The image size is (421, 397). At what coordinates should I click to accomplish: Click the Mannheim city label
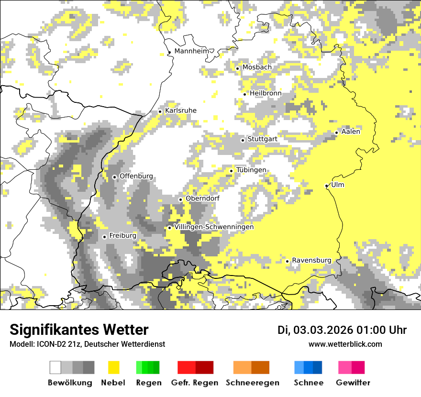pyautogui.click(x=193, y=51)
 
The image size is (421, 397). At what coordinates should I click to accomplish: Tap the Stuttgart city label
pyautogui.click(x=262, y=139)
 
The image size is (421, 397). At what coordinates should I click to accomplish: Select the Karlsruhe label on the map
pyautogui.click(x=181, y=110)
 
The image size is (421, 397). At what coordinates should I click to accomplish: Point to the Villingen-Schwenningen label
pyautogui.click(x=214, y=227)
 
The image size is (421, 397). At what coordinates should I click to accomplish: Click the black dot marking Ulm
pyautogui.click(x=327, y=186)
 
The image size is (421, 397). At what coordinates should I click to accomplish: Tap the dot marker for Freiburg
pyautogui.click(x=104, y=237)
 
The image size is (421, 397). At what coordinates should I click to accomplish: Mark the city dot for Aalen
pyautogui.click(x=337, y=132)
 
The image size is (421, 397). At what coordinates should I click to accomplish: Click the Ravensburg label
pyautogui.click(x=311, y=260)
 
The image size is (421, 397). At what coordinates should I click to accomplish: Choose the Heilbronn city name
pyautogui.click(x=266, y=93)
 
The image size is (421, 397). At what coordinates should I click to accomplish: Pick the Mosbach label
pyautogui.click(x=257, y=67)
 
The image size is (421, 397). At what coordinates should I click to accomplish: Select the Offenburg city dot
pyautogui.click(x=114, y=177)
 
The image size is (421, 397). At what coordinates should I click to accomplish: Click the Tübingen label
pyautogui.click(x=251, y=170)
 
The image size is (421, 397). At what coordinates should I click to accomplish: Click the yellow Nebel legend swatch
pyautogui.click(x=114, y=367)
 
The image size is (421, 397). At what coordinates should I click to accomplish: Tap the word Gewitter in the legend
pyautogui.click(x=353, y=383)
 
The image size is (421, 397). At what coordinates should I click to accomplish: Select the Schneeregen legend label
pyautogui.click(x=252, y=383)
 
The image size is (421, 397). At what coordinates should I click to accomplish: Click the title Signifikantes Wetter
pyautogui.click(x=79, y=330)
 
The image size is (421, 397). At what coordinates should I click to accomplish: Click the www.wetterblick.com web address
pyautogui.click(x=345, y=344)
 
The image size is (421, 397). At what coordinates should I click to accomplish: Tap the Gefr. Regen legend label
pyautogui.click(x=195, y=383)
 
